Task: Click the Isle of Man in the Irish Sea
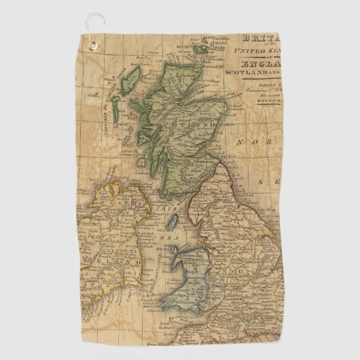coord(173,221)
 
